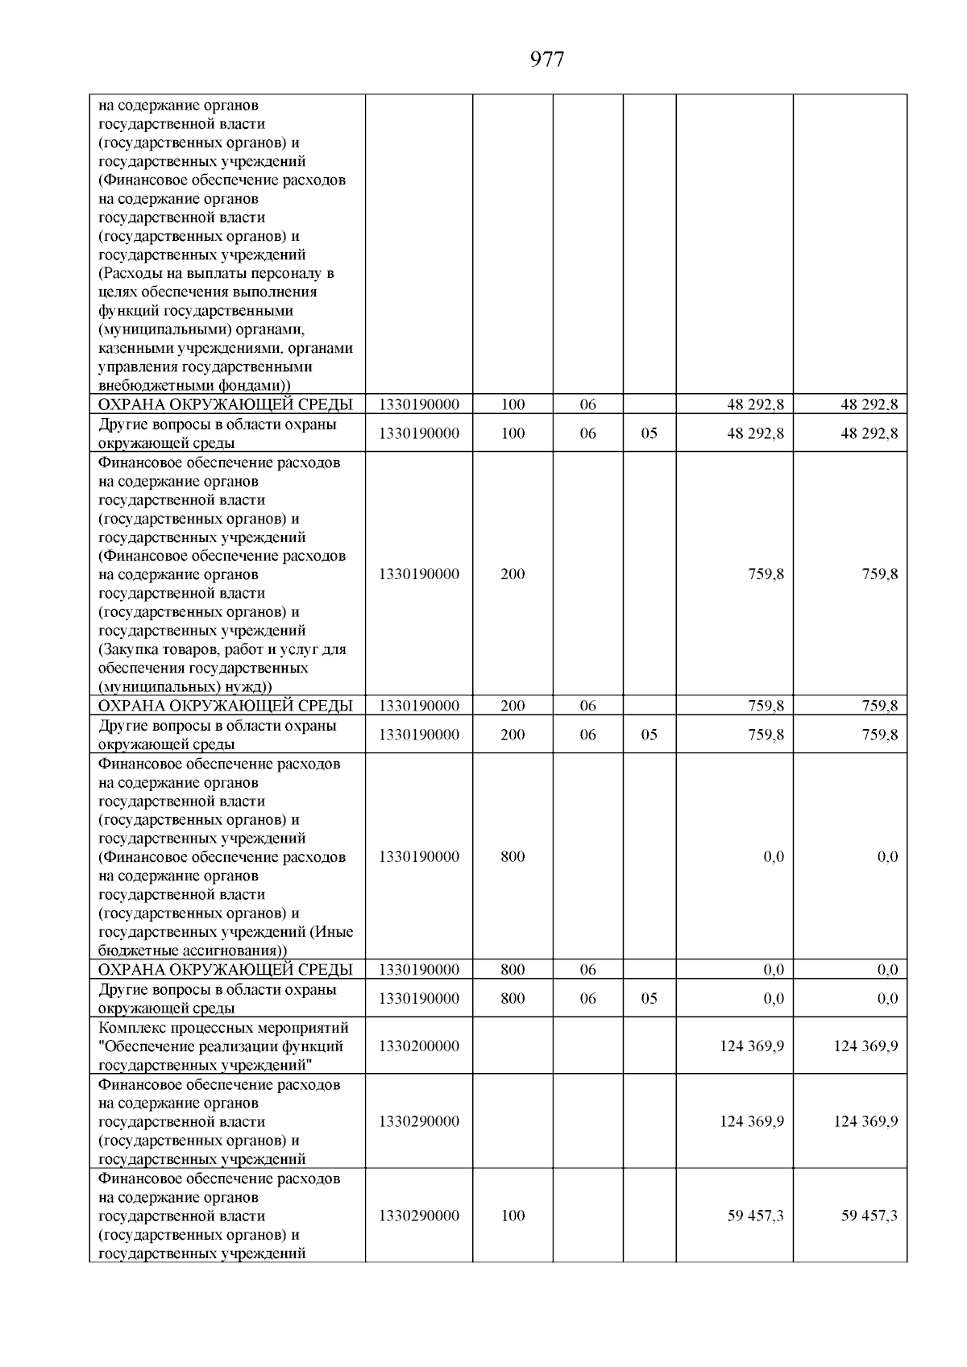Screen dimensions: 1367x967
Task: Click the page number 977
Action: (547, 60)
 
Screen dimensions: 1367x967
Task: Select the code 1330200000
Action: (418, 1046)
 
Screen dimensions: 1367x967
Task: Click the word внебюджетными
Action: (147, 385)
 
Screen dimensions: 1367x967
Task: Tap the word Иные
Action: (337, 931)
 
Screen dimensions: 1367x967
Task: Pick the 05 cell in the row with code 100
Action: (649, 433)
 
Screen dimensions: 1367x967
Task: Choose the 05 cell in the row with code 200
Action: (649, 734)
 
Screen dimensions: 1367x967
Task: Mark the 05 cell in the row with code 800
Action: (649, 998)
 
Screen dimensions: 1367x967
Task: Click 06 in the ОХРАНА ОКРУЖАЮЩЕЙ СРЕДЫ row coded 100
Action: (587, 404)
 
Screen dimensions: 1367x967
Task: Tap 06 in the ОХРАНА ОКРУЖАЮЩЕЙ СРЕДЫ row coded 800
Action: (587, 970)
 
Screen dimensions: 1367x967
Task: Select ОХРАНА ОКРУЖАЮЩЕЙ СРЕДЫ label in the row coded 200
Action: (225, 706)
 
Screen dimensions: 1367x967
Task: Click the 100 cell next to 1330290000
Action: (513, 1215)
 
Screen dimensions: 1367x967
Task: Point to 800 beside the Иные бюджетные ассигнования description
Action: (513, 856)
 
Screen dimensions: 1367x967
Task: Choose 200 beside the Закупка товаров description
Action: (513, 574)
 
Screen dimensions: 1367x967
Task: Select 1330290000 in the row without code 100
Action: (418, 1121)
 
